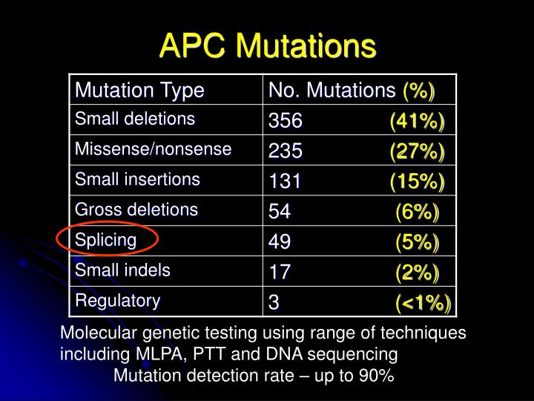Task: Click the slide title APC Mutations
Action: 267,46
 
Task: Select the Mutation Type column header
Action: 139,91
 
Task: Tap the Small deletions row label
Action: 134,119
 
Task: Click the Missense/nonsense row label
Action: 153,149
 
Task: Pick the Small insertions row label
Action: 137,179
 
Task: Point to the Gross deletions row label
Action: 136,209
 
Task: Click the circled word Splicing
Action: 106,240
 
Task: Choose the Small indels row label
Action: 122,270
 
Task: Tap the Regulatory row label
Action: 117,301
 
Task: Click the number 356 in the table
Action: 286,121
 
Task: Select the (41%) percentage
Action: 417,121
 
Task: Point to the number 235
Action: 286,151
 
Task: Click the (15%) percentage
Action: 417,182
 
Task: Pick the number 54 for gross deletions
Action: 280,212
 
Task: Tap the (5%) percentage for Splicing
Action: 417,243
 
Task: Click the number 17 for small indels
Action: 280,273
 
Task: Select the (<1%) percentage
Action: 423,303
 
